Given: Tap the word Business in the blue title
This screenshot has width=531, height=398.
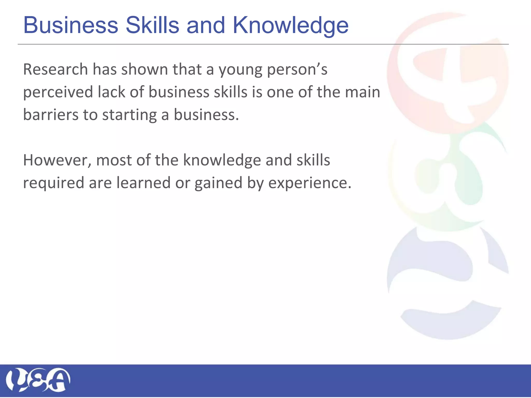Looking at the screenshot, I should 71,25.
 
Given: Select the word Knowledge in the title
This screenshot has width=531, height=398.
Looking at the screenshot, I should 290,26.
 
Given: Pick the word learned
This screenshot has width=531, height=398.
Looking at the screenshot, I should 143,183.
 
